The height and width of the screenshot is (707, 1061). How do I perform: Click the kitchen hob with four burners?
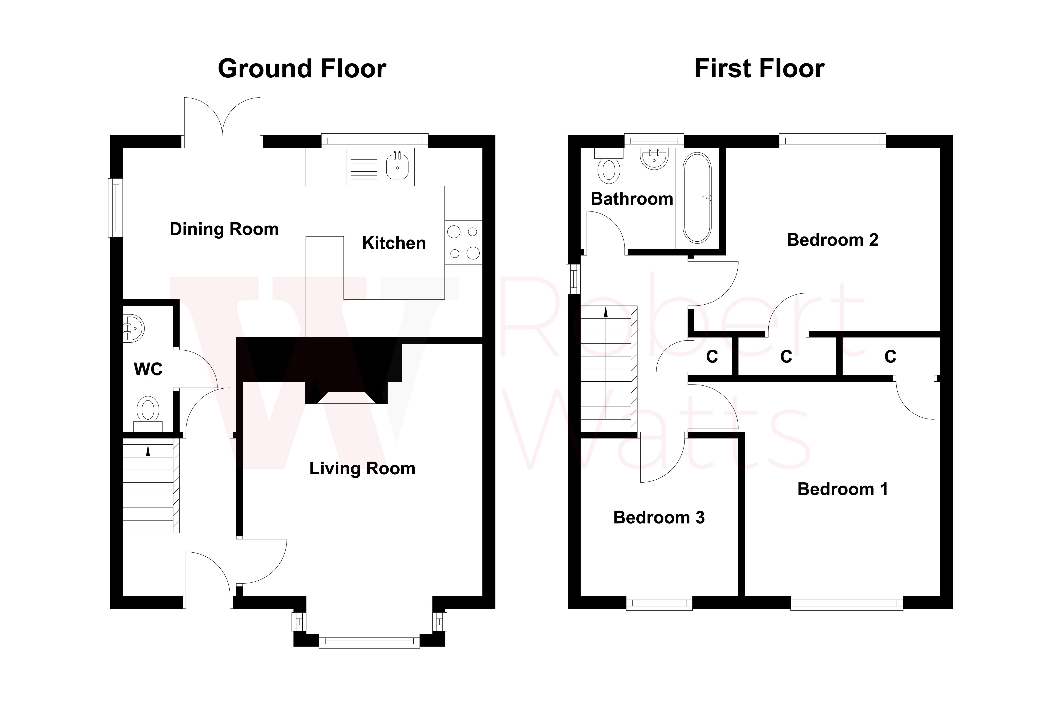pyautogui.click(x=463, y=243)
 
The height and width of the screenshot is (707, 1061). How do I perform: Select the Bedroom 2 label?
pyautogui.click(x=832, y=240)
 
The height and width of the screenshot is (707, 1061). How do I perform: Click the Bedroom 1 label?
pyautogui.click(x=842, y=489)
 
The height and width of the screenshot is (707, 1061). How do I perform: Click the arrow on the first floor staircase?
pyautogui.click(x=605, y=312)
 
